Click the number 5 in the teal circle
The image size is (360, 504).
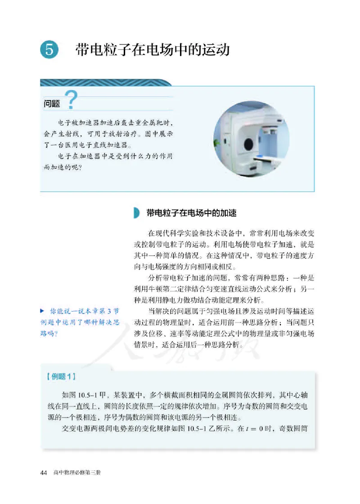tap(49, 49)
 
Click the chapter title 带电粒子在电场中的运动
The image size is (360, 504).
tap(153, 49)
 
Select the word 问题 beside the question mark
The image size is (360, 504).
tap(53, 104)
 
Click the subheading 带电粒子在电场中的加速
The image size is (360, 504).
tap(191, 213)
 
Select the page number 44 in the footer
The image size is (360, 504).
tap(44, 473)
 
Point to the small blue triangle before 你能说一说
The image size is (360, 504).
tap(42, 311)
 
